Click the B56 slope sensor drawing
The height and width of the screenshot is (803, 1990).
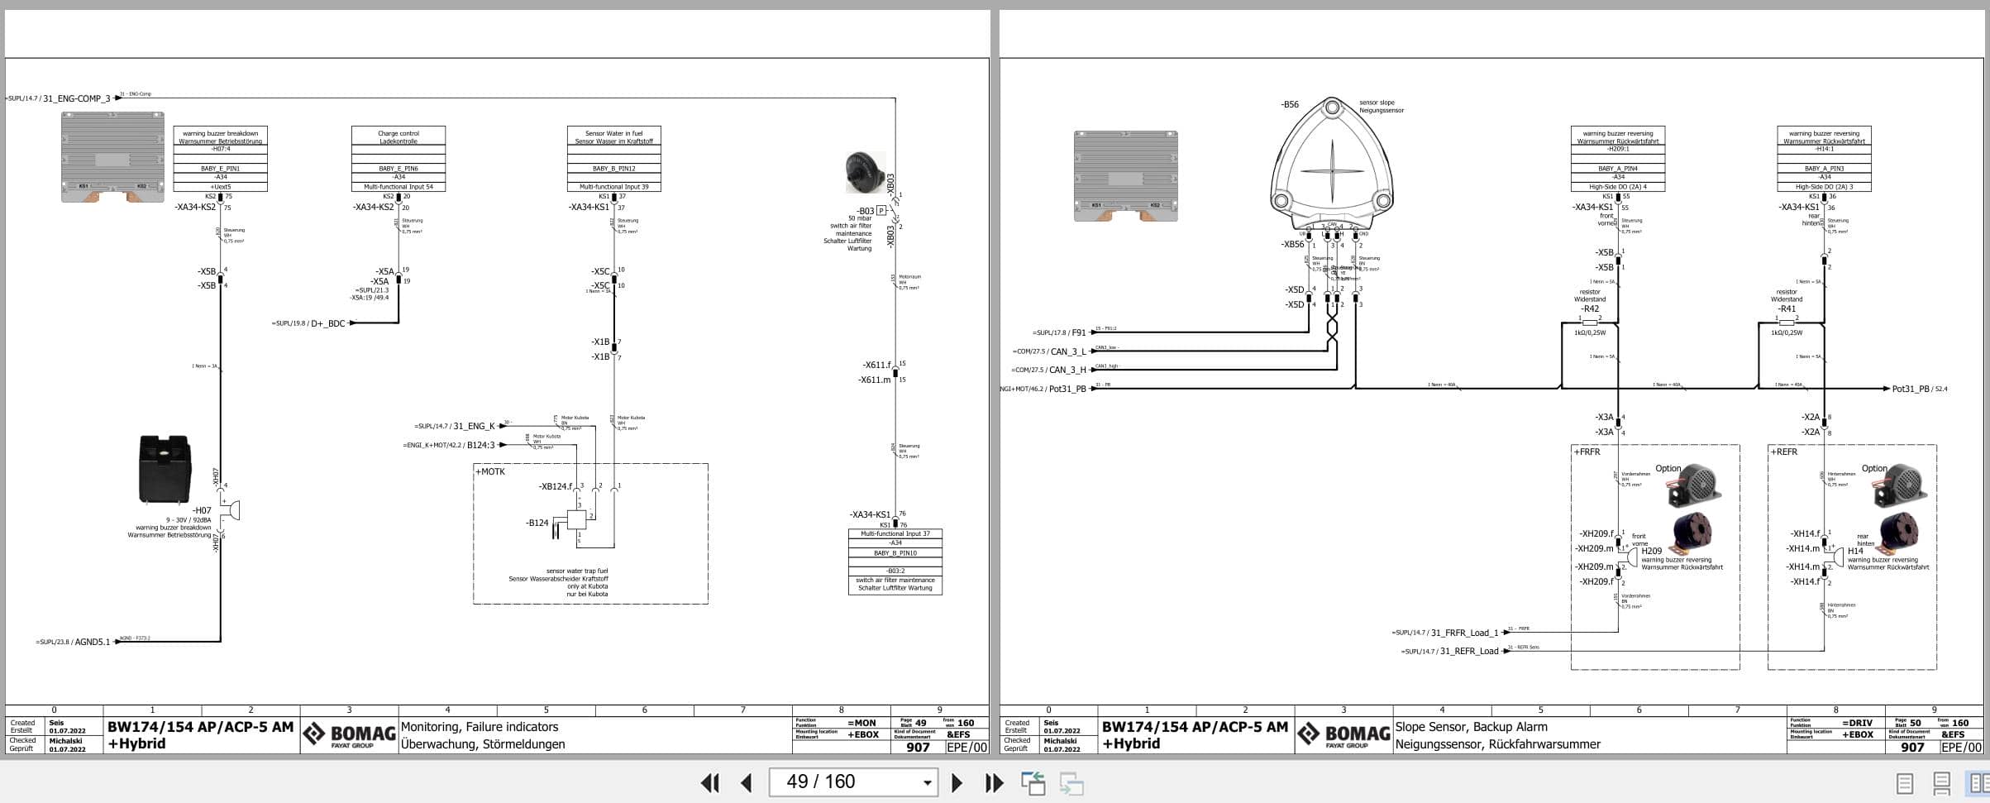(1331, 165)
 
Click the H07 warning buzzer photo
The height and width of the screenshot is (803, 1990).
(165, 469)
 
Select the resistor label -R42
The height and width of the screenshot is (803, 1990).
(1589, 309)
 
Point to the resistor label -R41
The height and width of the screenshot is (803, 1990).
(1786, 309)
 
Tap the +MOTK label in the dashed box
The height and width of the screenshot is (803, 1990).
(489, 471)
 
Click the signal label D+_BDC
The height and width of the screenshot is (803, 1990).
(327, 323)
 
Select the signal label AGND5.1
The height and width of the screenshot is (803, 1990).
(92, 642)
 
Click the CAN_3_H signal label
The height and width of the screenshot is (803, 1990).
(1067, 370)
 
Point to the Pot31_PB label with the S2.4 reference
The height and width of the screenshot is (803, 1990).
(1910, 389)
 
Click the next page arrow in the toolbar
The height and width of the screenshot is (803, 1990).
(957, 782)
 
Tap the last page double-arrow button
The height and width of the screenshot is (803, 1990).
(994, 782)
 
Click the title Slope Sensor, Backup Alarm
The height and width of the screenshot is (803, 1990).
(1471, 727)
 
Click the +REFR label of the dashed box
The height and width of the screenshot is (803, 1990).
(1784, 452)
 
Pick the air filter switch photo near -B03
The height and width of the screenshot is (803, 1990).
(864, 172)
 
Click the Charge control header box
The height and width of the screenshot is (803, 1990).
(398, 136)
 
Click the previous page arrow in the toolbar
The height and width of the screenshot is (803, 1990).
(747, 782)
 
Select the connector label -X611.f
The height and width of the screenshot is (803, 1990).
(876, 365)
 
